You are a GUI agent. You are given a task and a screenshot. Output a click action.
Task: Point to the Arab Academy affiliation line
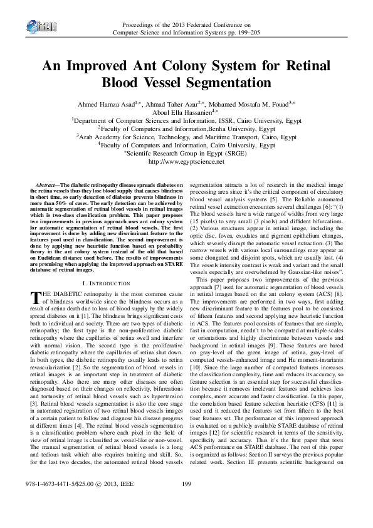pyautogui.click(x=186, y=137)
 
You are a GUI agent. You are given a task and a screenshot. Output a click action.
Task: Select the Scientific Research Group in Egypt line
pyautogui.click(x=186, y=153)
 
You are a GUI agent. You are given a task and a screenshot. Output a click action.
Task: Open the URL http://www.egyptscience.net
pyautogui.click(x=186, y=161)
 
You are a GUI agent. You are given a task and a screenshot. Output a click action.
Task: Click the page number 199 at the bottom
pyautogui.click(x=186, y=500)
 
